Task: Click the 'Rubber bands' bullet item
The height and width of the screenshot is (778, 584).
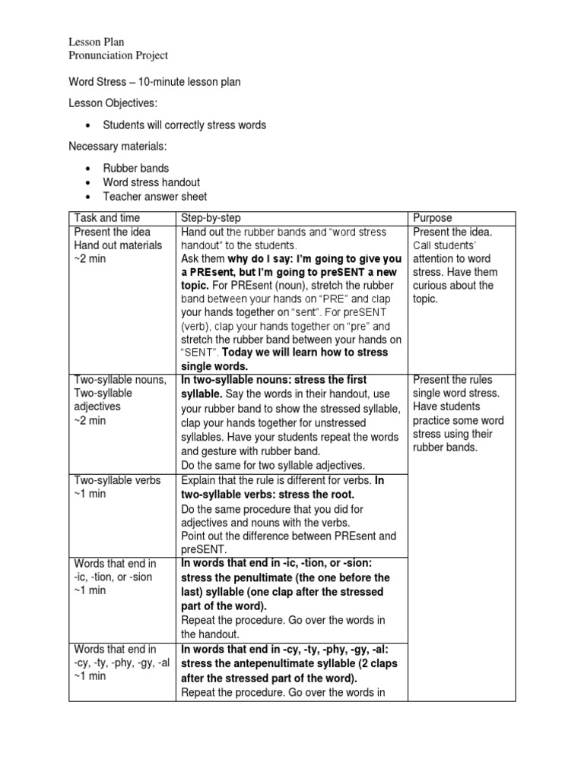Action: [136, 168]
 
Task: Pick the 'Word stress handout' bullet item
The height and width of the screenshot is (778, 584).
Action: [151, 182]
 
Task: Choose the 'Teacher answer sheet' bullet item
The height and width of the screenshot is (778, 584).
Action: [155, 197]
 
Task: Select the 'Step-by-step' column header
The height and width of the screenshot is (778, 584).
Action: [211, 218]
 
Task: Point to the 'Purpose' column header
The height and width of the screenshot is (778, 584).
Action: [432, 218]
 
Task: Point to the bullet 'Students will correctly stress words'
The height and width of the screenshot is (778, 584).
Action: [185, 125]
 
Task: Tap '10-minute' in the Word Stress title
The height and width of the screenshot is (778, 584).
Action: [154, 81]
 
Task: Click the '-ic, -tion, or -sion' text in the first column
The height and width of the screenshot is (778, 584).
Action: [113, 577]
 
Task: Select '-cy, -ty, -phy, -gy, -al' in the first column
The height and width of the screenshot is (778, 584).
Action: [122, 663]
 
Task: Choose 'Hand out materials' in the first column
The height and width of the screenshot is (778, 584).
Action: [118, 245]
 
